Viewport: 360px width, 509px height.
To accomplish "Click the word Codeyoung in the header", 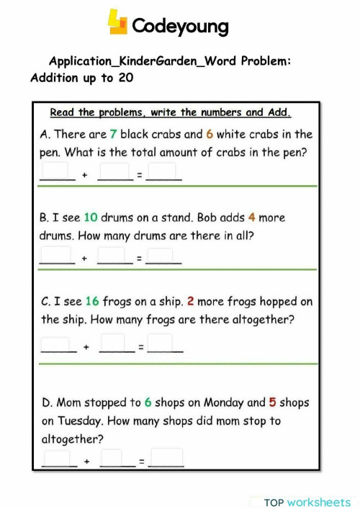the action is [x=180, y=27].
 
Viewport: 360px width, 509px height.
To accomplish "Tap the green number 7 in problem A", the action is [x=113, y=135].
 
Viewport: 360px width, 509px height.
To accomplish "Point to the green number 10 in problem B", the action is [x=90, y=217].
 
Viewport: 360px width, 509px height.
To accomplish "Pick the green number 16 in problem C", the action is [x=91, y=302].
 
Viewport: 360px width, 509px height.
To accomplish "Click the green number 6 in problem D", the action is [x=148, y=402].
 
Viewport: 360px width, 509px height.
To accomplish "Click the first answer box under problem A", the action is [x=57, y=171].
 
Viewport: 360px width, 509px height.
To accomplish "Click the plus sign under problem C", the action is [x=86, y=347].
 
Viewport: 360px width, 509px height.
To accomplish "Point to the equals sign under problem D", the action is [x=142, y=460].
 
